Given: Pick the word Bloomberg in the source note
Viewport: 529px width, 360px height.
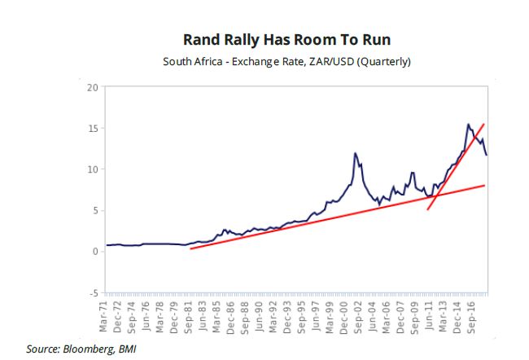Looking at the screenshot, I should (x=87, y=349).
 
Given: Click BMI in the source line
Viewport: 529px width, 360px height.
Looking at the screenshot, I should (x=126, y=349).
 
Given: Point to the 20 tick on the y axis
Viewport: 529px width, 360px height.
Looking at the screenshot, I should (x=92, y=87).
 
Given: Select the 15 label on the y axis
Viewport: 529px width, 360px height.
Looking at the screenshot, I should (x=92, y=128).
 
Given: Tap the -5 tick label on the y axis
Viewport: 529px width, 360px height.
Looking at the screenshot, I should (x=92, y=292).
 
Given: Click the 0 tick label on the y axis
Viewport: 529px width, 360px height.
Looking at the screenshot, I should (x=94, y=252).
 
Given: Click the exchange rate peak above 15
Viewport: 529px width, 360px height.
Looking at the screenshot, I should (x=468, y=124).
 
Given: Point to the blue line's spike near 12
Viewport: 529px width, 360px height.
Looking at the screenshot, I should (x=356, y=153).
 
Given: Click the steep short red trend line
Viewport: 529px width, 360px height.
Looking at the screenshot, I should (x=456, y=166).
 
